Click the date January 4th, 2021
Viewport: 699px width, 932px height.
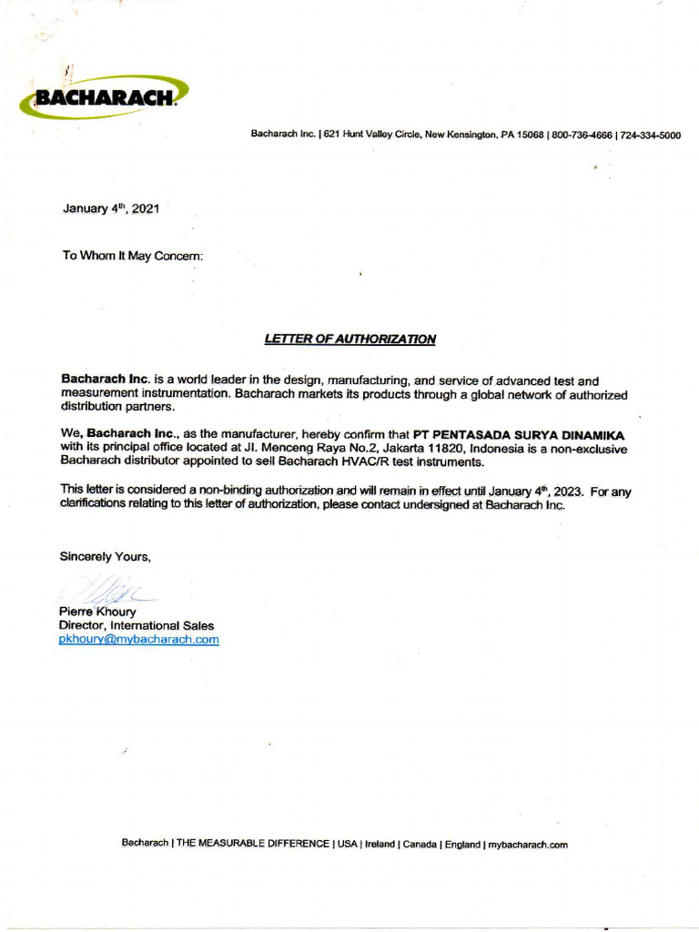point(111,208)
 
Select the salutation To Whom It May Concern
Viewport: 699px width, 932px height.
point(133,256)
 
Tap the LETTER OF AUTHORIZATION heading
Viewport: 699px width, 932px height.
point(350,339)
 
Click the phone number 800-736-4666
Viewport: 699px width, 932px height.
point(582,135)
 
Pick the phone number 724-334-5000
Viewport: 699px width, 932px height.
point(650,135)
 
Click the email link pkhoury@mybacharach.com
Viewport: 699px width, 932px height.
point(139,640)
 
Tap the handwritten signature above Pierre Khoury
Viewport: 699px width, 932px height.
point(107,593)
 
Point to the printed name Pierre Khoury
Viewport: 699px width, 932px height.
point(97,613)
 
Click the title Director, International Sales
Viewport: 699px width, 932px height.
point(137,626)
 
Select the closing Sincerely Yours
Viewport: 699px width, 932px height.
point(106,556)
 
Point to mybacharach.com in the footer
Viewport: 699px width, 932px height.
point(528,845)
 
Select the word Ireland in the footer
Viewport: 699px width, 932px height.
point(380,845)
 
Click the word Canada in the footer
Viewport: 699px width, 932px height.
point(420,845)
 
